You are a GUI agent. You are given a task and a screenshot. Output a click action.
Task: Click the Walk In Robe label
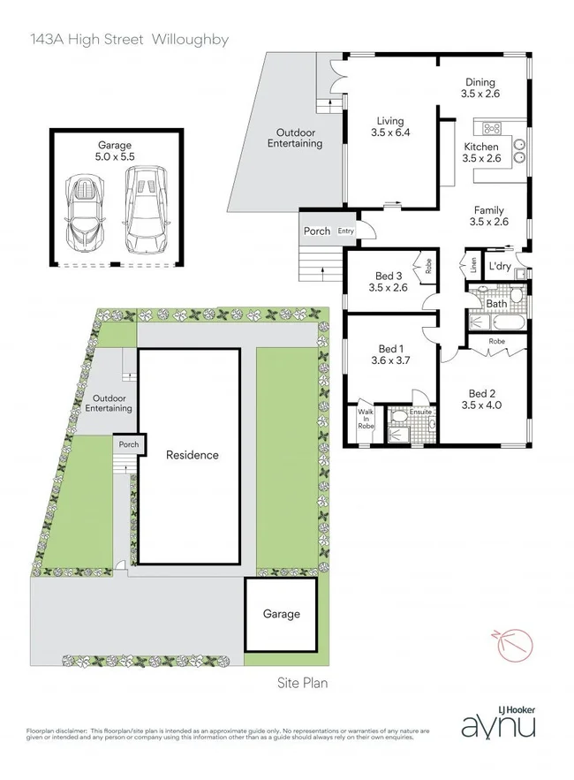click(x=366, y=419)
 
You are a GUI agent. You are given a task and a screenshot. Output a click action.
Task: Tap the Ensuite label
click(x=420, y=411)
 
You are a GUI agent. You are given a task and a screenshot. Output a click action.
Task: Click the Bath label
click(x=496, y=304)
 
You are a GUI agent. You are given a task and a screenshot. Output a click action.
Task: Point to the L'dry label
click(x=500, y=267)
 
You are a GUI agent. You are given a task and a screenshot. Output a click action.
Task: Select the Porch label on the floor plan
click(x=316, y=231)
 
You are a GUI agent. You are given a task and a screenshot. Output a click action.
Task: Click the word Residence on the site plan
click(x=193, y=455)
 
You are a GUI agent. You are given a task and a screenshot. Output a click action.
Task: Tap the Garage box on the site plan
click(x=281, y=613)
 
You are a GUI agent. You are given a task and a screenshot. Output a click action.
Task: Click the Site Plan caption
click(x=297, y=682)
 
